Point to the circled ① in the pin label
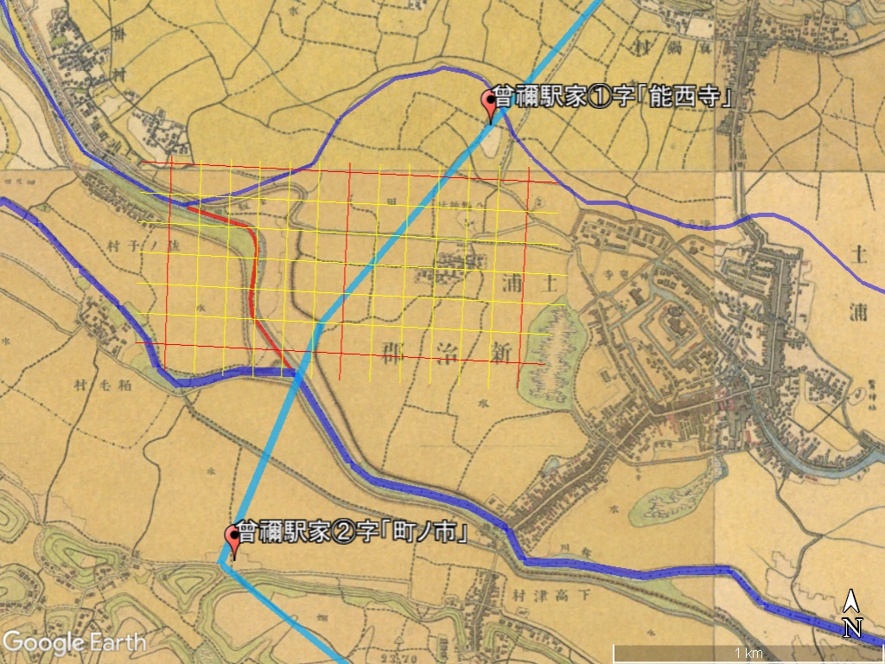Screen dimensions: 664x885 click(600, 99)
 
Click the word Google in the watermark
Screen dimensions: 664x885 click(43, 642)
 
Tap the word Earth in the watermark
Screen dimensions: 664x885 click(118, 642)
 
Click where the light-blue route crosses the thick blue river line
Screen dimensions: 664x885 click(296, 373)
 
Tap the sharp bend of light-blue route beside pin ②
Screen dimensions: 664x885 click(222, 561)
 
